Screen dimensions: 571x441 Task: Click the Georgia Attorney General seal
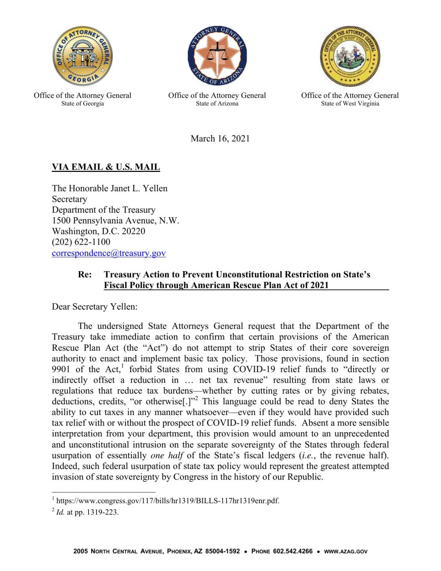(83, 56)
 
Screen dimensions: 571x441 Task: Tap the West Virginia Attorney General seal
(350, 56)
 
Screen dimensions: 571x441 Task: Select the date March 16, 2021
(220, 139)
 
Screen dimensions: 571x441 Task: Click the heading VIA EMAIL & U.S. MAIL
(106, 167)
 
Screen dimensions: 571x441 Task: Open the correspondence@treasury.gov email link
(109, 253)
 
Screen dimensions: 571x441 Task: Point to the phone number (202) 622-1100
(81, 242)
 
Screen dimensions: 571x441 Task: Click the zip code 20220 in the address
(134, 231)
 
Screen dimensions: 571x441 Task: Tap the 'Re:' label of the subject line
(85, 274)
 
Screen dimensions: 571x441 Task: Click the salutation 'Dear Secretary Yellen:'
(94, 306)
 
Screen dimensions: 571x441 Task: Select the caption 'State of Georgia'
(83, 104)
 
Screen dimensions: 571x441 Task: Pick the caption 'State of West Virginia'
(350, 104)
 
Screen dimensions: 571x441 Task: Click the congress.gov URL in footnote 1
(168, 501)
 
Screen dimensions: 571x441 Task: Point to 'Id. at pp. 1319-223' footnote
(87, 512)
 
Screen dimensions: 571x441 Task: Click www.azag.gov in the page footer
(345, 551)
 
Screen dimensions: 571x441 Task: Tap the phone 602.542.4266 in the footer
(292, 551)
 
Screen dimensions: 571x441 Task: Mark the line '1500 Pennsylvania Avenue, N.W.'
(115, 220)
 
